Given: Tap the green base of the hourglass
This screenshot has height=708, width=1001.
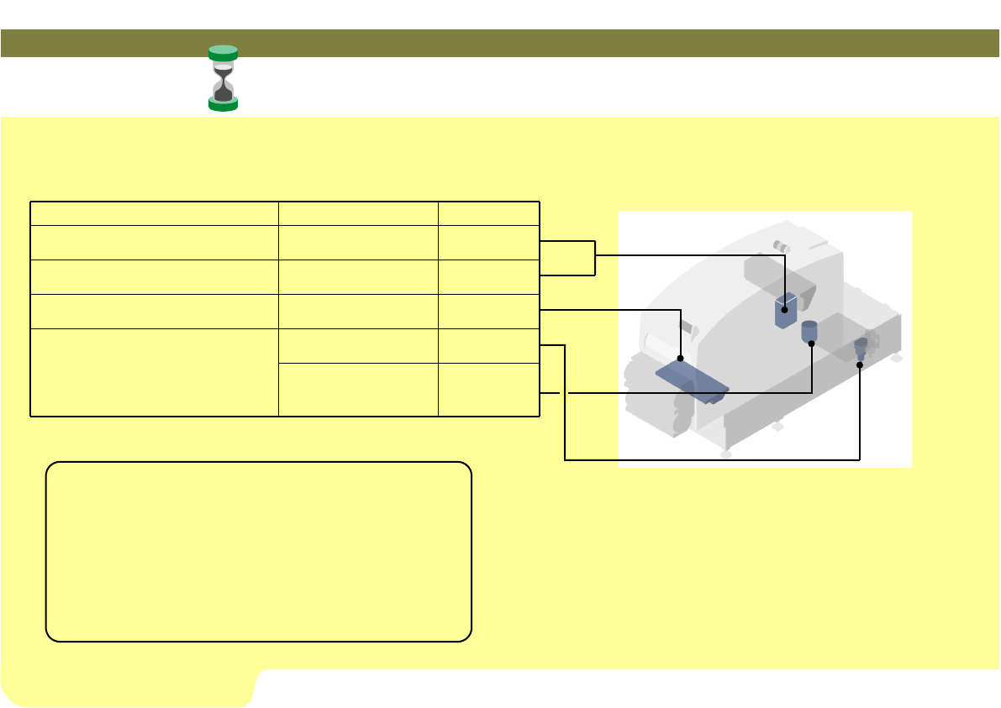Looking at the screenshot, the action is coord(223,104).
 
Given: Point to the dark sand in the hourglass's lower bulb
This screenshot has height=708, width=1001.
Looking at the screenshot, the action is coord(223,92).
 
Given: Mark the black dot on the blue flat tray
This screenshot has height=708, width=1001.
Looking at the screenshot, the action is coord(680,359).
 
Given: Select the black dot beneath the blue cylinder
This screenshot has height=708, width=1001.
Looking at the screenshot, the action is coord(812,344).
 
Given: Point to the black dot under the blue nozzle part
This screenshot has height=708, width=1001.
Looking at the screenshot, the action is coord(859,364).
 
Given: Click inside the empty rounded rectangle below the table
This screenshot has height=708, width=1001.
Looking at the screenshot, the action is coord(258,551).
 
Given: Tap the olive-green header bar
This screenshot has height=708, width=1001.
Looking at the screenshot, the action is coord(499,43).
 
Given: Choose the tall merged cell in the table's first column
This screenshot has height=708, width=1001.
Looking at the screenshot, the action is coord(154,372).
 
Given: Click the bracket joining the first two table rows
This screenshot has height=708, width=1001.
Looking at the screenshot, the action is coord(594,257).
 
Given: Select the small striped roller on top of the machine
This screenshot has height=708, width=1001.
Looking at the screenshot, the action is coord(782,247).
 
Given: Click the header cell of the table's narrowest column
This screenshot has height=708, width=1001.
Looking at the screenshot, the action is coord(488,213).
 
